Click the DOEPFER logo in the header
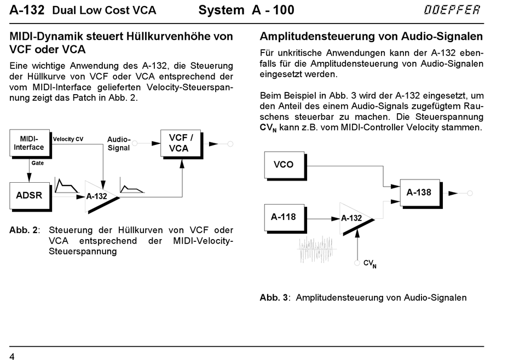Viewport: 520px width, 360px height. tap(452, 10)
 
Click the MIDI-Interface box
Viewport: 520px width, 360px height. tap(30, 143)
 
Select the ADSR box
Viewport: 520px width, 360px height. tap(30, 196)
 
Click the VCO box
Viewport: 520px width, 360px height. tap(285, 165)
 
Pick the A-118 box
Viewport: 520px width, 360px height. tap(285, 218)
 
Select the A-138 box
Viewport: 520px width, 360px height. tap(420, 193)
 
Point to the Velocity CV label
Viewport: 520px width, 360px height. tap(68, 139)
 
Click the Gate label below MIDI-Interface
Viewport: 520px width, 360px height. tap(37, 163)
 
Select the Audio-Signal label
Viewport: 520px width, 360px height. tap(119, 143)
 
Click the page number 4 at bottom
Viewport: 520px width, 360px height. tap(12, 356)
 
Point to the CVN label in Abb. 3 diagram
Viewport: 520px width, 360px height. tap(370, 264)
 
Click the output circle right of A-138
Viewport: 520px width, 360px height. tap(470, 193)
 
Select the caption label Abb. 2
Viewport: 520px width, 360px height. tap(24, 230)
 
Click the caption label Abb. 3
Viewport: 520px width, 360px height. tap(274, 297)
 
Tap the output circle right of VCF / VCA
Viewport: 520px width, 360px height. tap(230, 144)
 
